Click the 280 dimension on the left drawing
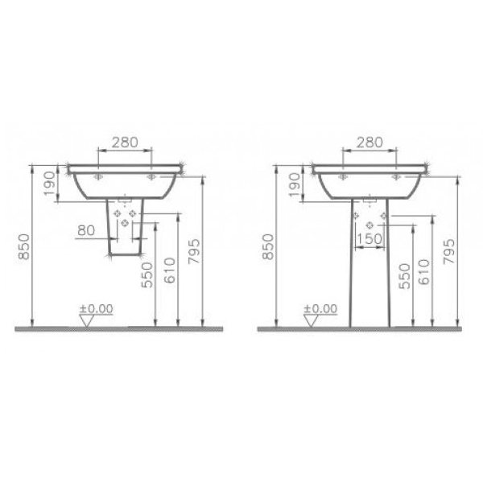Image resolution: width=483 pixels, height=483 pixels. [x=123, y=142]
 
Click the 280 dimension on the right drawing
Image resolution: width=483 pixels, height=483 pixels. [x=369, y=142]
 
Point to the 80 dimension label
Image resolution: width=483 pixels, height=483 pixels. [x=86, y=230]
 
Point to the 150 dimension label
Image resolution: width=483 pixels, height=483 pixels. [x=369, y=239]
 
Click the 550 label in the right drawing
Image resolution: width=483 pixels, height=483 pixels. [x=405, y=276]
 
